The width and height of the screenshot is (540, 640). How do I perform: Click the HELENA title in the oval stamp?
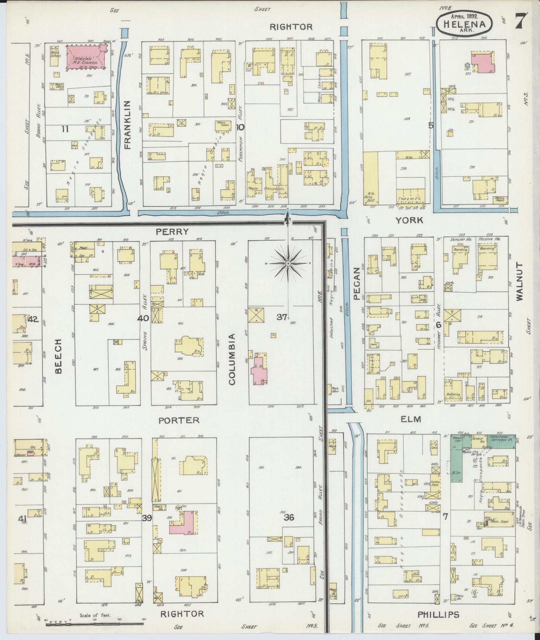tap(464, 24)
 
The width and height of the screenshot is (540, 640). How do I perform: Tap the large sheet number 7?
tap(522, 21)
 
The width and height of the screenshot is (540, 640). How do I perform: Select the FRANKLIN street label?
tap(127, 125)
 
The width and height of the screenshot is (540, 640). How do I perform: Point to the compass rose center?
tap(288, 264)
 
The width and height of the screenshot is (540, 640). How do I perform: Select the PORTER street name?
tap(179, 420)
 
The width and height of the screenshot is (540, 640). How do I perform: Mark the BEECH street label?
tap(59, 356)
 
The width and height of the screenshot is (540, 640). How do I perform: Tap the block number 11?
tap(65, 129)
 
